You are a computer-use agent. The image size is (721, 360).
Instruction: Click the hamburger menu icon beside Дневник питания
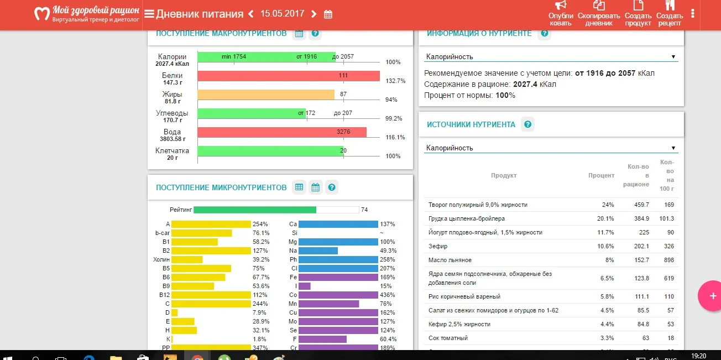click(x=149, y=14)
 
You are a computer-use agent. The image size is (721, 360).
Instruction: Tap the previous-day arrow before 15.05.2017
click(x=250, y=14)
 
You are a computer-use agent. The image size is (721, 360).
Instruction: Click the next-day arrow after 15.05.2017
click(x=314, y=14)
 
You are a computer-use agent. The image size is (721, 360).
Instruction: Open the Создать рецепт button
click(x=670, y=13)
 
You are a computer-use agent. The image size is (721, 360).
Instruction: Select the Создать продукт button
click(x=639, y=13)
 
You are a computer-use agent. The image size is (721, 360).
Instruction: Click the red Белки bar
click(x=288, y=76)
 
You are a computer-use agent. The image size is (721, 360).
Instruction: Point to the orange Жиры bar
click(x=265, y=95)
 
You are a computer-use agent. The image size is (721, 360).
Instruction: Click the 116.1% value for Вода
click(x=395, y=137)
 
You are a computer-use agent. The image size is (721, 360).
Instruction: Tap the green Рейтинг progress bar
click(x=254, y=210)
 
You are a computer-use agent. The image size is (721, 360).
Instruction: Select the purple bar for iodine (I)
click(x=304, y=286)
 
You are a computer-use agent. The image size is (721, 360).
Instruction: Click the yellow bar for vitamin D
click(x=174, y=312)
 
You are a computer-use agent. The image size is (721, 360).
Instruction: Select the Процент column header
click(x=601, y=175)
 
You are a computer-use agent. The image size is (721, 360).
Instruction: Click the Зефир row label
click(x=438, y=246)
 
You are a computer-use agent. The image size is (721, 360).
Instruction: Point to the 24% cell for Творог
click(x=608, y=205)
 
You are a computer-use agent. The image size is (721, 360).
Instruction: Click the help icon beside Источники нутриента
click(x=527, y=124)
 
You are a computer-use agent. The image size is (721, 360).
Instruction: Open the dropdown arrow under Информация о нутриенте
click(x=673, y=56)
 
